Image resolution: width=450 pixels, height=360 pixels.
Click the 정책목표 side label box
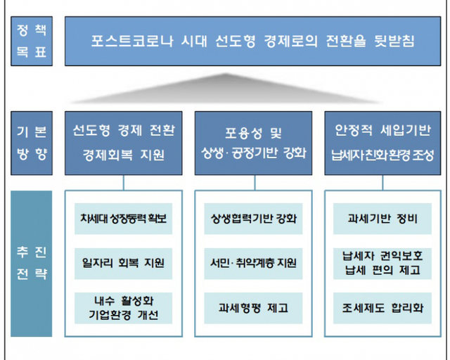point(32,41)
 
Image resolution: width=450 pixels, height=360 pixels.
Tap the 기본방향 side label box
point(32,143)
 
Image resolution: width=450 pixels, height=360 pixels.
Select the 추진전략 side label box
point(32,262)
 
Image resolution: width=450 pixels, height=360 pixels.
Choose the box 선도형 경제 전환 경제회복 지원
point(124,143)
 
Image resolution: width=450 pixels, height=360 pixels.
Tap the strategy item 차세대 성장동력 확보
point(124,219)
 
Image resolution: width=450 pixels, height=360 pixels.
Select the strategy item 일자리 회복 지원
point(124,264)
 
